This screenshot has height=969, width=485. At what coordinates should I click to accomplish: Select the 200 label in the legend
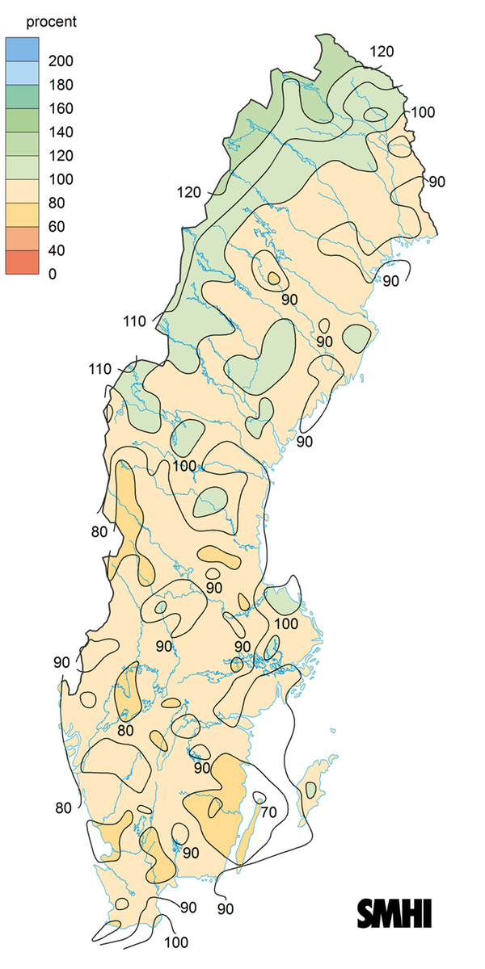point(60,61)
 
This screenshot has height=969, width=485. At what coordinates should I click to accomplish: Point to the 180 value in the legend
point(60,85)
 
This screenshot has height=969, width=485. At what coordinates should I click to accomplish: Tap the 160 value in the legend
point(60,108)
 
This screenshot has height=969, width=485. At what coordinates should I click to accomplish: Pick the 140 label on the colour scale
point(60,132)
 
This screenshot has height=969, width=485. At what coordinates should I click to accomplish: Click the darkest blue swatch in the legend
point(23,49)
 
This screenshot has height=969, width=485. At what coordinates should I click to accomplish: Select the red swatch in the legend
point(23,262)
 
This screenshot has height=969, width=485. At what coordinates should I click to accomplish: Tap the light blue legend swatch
point(23,73)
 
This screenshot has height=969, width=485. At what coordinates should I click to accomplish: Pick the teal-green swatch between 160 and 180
point(23,96)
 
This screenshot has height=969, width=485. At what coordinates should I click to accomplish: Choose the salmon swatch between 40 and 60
point(23,238)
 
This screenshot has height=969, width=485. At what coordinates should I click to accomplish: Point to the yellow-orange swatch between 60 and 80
point(23,215)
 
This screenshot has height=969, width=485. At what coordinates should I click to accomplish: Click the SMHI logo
point(394,912)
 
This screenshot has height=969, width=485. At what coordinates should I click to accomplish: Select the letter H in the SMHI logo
point(412,912)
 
